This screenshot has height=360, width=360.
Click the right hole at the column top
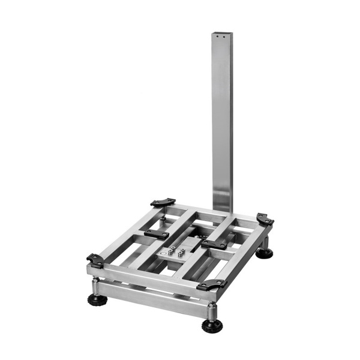point(226,37)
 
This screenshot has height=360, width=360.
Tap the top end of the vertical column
point(222,34)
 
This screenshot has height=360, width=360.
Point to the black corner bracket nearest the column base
point(163,203)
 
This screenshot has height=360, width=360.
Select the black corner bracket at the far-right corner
point(265,219)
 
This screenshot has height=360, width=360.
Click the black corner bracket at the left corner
point(95,260)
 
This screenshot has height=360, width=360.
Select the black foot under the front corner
point(211,326)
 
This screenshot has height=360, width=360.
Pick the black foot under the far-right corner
point(264,253)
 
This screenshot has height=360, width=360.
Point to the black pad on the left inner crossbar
point(156,233)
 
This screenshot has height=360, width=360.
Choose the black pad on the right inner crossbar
point(214,243)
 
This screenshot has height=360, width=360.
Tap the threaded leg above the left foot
point(97,286)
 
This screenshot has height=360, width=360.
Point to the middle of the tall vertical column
point(221,120)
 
